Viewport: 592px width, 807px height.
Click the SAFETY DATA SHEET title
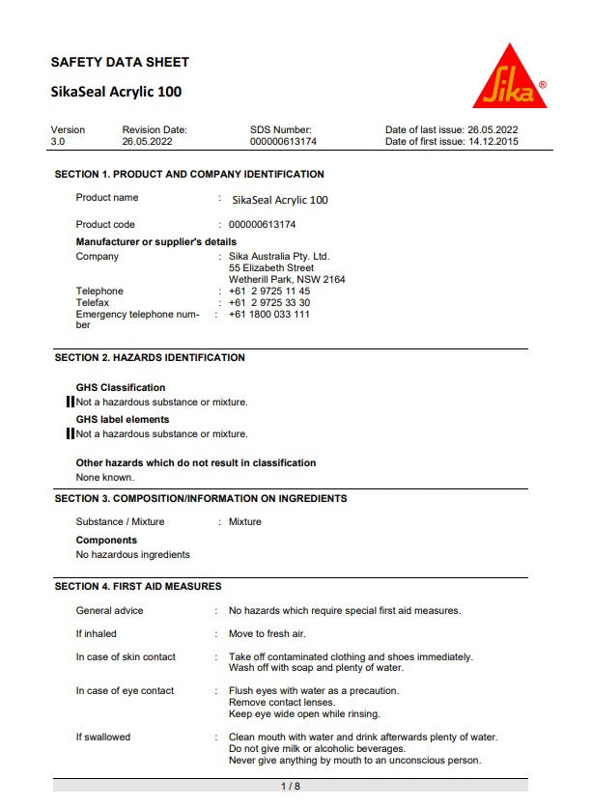click(x=120, y=62)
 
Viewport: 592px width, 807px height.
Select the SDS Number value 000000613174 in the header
click(x=283, y=141)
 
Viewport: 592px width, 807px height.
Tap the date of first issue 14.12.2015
click(x=493, y=141)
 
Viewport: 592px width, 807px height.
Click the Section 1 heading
click(x=189, y=175)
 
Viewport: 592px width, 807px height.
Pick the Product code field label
click(x=105, y=224)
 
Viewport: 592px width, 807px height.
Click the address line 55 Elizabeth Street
click(x=271, y=267)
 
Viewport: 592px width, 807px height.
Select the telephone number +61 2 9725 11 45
click(x=269, y=291)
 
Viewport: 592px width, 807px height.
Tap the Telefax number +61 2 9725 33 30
click(x=269, y=302)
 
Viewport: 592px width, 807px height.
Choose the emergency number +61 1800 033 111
click(x=269, y=314)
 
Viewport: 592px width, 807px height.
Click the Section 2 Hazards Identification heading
click(x=150, y=357)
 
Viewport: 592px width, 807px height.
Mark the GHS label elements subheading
click(x=123, y=419)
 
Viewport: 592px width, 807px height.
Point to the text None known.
click(x=105, y=477)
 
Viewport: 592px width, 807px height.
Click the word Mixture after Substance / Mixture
click(x=245, y=521)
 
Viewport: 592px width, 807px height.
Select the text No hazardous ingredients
click(x=133, y=554)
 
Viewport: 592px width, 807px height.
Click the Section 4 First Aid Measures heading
click(x=138, y=586)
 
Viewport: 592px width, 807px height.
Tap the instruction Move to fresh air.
click(x=267, y=633)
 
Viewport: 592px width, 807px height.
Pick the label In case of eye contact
click(x=125, y=690)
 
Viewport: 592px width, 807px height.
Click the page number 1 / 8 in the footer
click(x=291, y=786)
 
